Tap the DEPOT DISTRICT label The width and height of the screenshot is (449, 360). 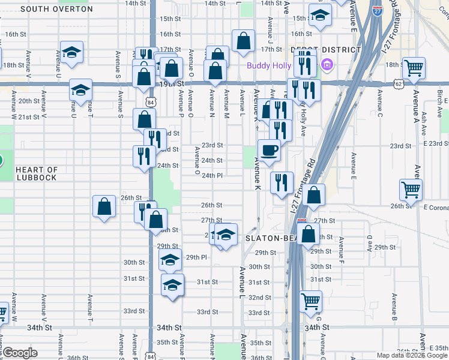pyautogui.click(x=325, y=50)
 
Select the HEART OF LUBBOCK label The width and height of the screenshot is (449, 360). pyautogui.click(x=37, y=174)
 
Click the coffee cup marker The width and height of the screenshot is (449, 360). pyautogui.click(x=269, y=150)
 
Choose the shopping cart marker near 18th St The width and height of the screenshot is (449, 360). pyautogui.click(x=414, y=68)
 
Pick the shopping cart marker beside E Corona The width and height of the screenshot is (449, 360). pyautogui.click(x=411, y=190)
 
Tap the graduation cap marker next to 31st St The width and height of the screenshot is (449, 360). pyautogui.click(x=172, y=284)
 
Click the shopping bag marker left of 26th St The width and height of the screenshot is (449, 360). pyautogui.click(x=104, y=206)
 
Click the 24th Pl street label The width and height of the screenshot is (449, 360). pyautogui.click(x=212, y=176)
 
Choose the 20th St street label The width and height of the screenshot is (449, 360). pyautogui.click(x=28, y=101)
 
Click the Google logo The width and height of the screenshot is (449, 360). pyautogui.click(x=20, y=353)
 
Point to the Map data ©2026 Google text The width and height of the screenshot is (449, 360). pyautogui.click(x=412, y=355)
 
